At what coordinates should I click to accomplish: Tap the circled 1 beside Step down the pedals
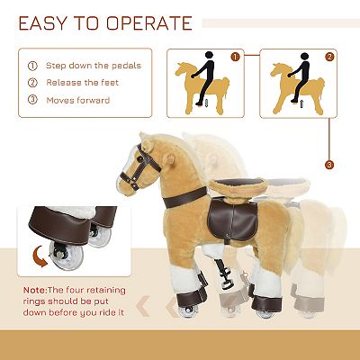(32, 66)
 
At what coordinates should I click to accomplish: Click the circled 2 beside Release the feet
(32, 83)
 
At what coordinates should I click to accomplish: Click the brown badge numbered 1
(235, 57)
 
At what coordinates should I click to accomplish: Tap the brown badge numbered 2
(329, 57)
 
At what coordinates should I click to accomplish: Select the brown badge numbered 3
(329, 165)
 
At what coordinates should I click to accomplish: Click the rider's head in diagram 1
(209, 55)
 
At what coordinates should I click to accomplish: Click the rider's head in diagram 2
(304, 57)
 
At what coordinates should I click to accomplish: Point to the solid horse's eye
(139, 157)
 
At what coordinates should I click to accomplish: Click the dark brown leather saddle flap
(232, 220)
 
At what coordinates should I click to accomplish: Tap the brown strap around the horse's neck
(185, 197)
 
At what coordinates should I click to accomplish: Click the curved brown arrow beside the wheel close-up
(40, 256)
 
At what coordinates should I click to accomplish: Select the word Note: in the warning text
(35, 290)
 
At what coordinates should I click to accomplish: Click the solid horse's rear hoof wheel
(265, 313)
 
